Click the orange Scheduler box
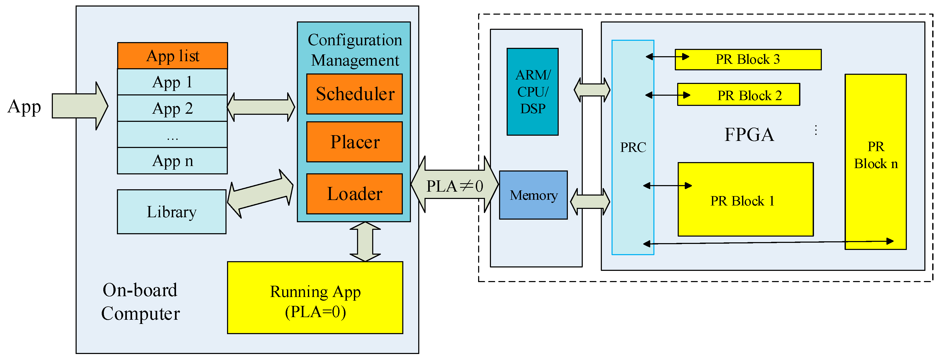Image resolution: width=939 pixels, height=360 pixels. click(354, 94)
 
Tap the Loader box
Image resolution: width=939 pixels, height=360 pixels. click(354, 193)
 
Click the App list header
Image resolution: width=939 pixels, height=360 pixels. click(172, 56)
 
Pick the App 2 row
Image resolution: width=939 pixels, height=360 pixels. click(172, 108)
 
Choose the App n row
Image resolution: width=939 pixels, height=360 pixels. click(172, 161)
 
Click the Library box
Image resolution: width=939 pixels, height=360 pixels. click(172, 212)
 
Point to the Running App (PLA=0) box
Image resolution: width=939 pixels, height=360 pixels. click(315, 297)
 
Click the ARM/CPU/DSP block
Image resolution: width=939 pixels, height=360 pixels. click(533, 92)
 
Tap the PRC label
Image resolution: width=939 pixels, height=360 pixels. click(633, 147)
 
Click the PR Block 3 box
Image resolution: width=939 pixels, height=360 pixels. click(748, 59)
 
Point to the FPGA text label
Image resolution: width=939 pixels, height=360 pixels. click(749, 135)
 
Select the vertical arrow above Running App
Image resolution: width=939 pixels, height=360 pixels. click(365, 242)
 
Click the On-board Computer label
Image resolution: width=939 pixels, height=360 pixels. click(140, 302)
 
